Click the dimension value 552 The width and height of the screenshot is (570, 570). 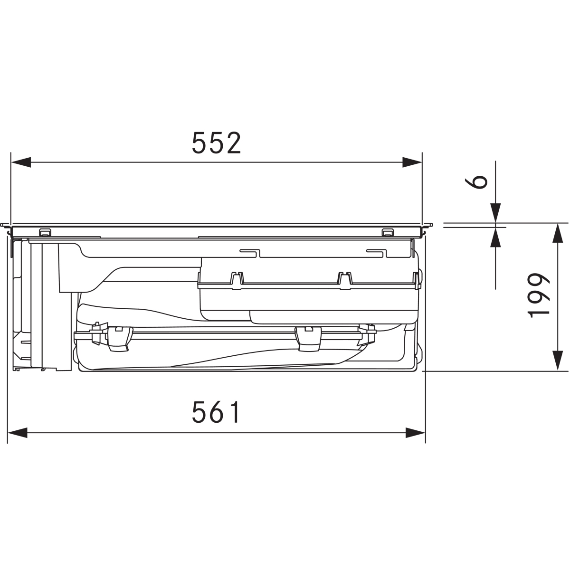point(217,143)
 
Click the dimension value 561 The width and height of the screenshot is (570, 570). point(216,412)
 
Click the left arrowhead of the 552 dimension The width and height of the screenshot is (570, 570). point(21,162)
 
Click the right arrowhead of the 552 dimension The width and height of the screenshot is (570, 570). point(412,162)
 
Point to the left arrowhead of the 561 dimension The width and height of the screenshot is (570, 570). point(18,433)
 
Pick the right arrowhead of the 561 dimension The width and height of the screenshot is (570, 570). point(415,433)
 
